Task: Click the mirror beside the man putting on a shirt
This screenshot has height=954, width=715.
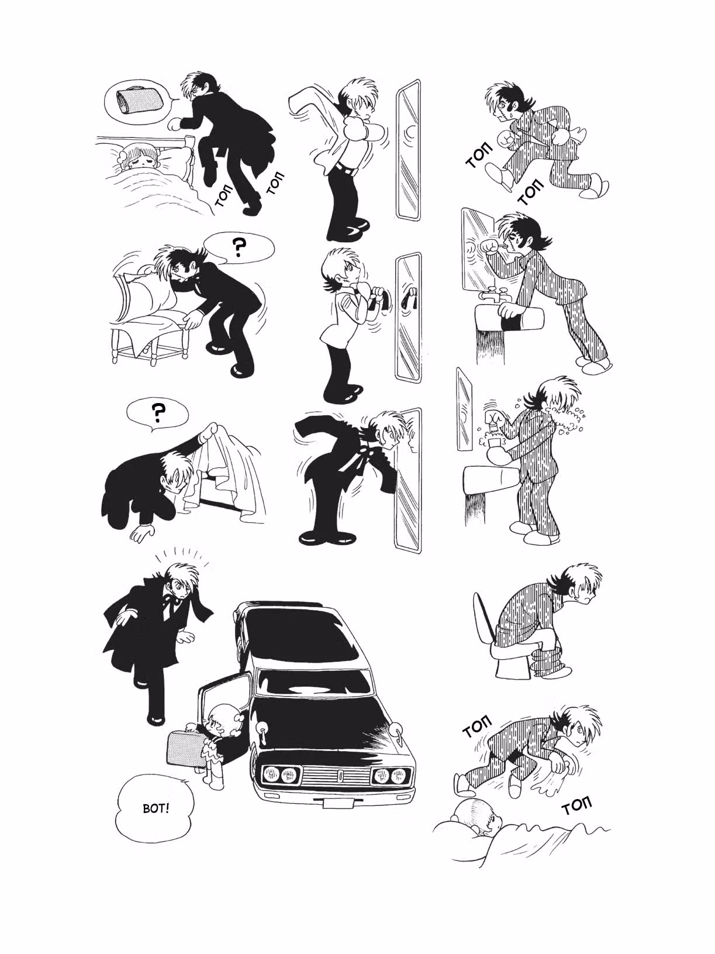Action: [x=408, y=150]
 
